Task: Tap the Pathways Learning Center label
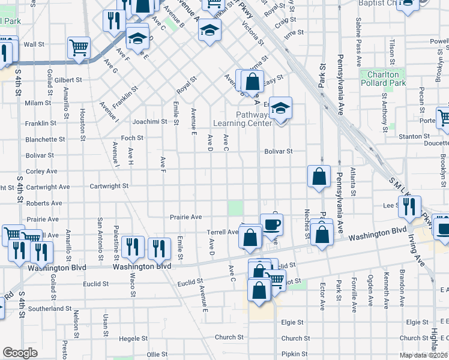pyautogui.click(x=243, y=119)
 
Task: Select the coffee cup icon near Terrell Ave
pyautogui.click(x=271, y=224)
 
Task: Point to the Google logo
pyautogui.click(x=20, y=353)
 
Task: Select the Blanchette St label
pyautogui.click(x=45, y=139)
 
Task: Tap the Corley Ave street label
pyautogui.click(x=41, y=171)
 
